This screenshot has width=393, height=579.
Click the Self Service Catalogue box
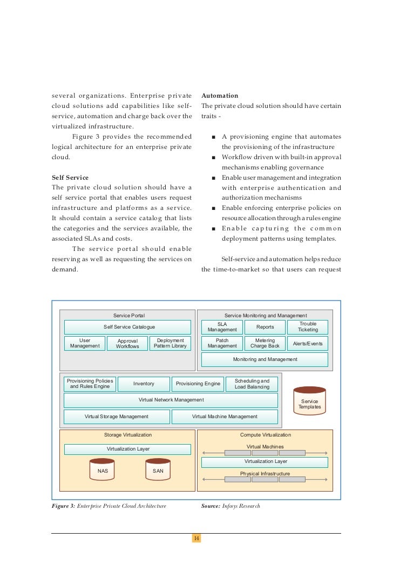click(x=127, y=327)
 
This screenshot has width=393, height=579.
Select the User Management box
click(x=85, y=343)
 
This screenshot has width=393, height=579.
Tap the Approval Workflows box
click(x=127, y=343)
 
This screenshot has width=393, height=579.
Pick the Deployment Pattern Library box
click(x=170, y=343)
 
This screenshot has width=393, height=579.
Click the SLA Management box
click(x=222, y=327)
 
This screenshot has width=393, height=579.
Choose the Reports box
click(x=265, y=327)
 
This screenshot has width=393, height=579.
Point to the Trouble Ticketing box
click(x=308, y=327)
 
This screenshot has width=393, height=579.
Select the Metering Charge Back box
click(x=265, y=343)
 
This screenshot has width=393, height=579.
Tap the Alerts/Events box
click(x=308, y=343)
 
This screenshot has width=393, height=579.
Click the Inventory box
click(x=144, y=384)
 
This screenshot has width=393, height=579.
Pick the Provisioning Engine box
click(x=198, y=384)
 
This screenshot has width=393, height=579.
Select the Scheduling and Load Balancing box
click(x=252, y=384)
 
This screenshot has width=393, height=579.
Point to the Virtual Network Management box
click(x=171, y=400)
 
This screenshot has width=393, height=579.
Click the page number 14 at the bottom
click(x=196, y=539)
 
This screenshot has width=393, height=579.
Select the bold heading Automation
click(x=219, y=96)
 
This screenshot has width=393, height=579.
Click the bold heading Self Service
click(x=70, y=178)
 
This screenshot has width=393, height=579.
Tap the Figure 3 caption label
click(x=63, y=506)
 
